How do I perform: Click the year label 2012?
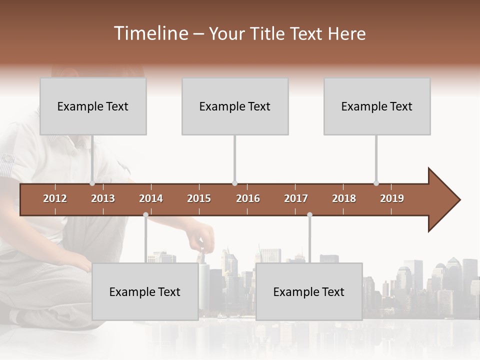(55, 198)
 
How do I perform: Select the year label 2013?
(103, 198)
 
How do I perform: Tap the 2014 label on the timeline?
(151, 198)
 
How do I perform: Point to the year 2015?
(199, 198)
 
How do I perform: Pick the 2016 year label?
(248, 198)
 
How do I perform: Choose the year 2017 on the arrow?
(296, 198)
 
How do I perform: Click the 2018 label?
(344, 198)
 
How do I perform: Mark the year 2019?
(392, 198)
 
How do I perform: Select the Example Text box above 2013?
(93, 106)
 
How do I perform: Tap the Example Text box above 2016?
(235, 106)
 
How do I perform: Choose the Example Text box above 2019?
(377, 106)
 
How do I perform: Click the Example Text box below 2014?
(145, 291)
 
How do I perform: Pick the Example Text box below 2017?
(309, 291)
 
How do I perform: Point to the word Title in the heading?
(268, 33)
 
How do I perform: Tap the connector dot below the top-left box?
(92, 183)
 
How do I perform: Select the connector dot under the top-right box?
(376, 183)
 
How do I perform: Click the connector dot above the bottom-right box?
(309, 214)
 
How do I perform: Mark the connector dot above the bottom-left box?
(145, 214)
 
